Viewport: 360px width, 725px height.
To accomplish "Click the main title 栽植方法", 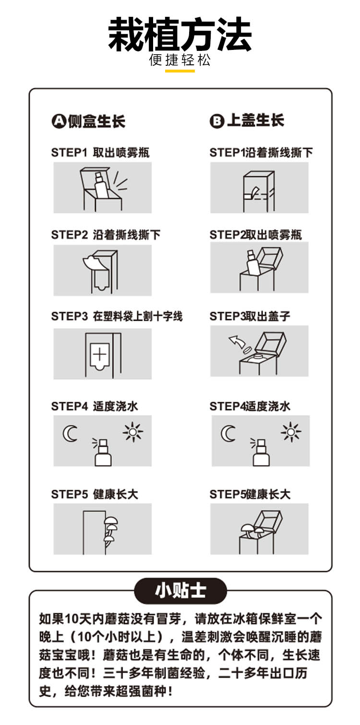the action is (180, 35).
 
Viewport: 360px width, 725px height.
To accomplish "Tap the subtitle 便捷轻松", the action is (180, 60).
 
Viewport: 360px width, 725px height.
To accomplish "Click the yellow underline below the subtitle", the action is (180, 71).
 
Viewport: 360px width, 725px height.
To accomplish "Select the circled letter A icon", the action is (59, 121).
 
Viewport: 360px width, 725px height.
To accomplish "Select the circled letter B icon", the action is (216, 121).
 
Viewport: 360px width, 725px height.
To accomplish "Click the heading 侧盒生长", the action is (96, 121).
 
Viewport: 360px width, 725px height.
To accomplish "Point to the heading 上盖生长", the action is (255, 121).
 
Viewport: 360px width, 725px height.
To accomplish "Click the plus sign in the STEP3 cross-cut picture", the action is (100, 354).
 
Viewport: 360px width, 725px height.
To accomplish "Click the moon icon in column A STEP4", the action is (70, 434).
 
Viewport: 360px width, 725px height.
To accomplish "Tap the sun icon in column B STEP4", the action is (291, 432).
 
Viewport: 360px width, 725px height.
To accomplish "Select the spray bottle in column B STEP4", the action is (260, 452).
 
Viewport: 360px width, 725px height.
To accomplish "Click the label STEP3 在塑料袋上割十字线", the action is (117, 316).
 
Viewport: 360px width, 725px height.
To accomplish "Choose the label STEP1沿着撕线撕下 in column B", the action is (261, 153).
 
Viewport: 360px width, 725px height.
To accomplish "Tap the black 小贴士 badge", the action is (180, 591).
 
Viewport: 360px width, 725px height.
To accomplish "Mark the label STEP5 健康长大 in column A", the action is (95, 494).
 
